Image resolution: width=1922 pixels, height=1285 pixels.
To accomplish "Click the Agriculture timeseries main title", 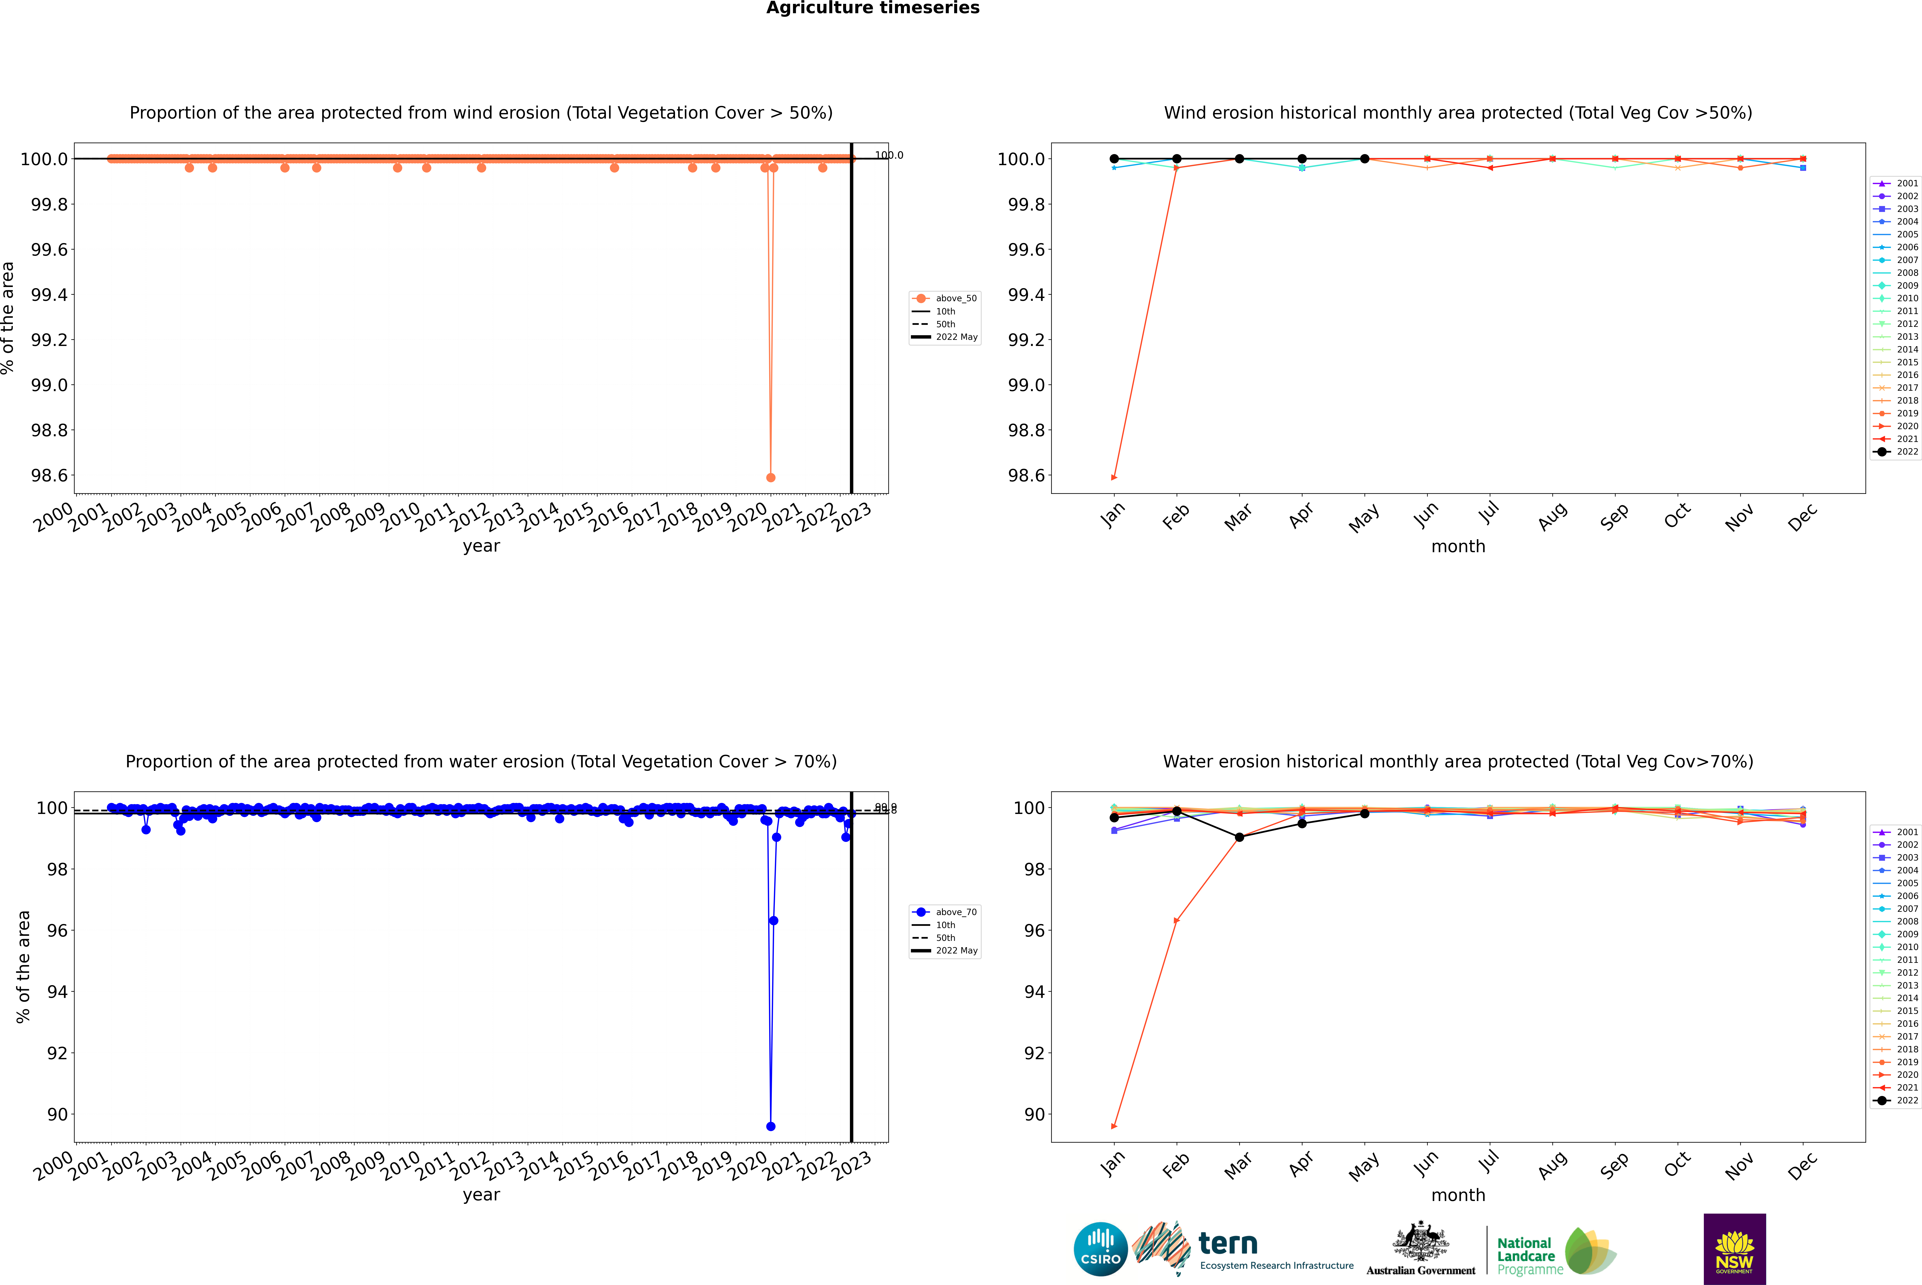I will [x=872, y=8].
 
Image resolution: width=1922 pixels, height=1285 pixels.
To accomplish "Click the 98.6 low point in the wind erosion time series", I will [x=770, y=477].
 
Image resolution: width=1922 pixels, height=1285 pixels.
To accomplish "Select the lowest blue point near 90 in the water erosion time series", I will [x=770, y=1126].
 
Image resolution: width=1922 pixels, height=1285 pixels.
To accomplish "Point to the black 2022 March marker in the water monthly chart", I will [x=1239, y=837].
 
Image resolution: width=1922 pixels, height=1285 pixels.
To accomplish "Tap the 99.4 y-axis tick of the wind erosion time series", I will [x=49, y=295].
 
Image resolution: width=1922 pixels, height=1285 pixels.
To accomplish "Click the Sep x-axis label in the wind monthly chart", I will [x=1614, y=516].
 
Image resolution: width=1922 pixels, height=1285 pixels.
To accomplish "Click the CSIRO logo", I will [x=1100, y=1249].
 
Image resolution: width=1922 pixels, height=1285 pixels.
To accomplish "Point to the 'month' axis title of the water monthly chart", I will [x=1457, y=1195].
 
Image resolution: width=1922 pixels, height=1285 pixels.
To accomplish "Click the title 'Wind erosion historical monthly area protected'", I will [x=1457, y=113].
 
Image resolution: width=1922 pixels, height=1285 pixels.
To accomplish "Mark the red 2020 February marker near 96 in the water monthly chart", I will [x=1176, y=920].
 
